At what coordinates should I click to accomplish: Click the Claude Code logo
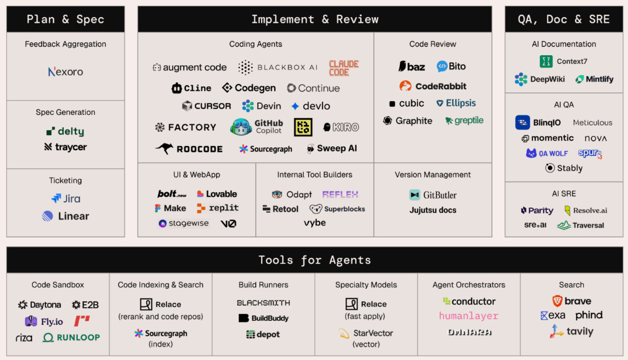(x=344, y=68)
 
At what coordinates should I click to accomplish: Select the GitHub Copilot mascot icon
(x=241, y=127)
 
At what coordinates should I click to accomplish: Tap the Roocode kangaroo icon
(x=164, y=148)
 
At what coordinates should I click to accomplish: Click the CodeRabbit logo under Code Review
(x=433, y=86)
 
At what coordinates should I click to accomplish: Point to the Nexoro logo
(x=65, y=72)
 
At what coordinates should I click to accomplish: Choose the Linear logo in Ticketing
(x=65, y=216)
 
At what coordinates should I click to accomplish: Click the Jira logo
(x=65, y=198)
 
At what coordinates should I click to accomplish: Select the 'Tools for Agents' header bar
(x=315, y=260)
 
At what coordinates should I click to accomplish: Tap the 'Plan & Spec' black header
(x=65, y=19)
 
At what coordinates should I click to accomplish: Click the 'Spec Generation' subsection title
(x=65, y=112)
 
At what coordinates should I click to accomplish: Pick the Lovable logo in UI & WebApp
(x=217, y=194)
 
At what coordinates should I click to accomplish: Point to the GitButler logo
(x=433, y=195)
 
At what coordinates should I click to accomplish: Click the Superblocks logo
(x=337, y=209)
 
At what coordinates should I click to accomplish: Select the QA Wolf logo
(x=547, y=153)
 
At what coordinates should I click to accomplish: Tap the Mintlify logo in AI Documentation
(x=594, y=79)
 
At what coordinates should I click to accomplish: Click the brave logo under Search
(x=572, y=301)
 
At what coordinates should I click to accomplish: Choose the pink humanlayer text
(x=469, y=316)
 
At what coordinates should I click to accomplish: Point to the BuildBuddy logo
(x=263, y=318)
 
